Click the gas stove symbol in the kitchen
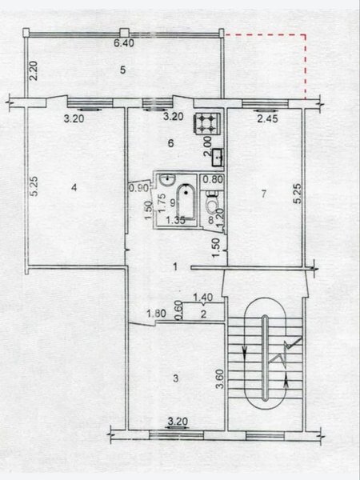pos(206,123)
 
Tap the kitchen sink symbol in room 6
pos(218,158)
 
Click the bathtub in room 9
pos(186,202)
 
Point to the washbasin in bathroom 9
pos(167,178)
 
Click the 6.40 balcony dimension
pos(124,43)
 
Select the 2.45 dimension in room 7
pos(267,118)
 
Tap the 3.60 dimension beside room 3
pos(220,379)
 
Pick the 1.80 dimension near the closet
pos(156,314)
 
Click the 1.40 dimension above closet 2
pos(202,297)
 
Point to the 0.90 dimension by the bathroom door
pos(138,188)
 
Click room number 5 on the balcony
pos(122,70)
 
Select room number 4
pos(74,188)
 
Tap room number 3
pos(176,378)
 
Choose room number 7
pos(264,194)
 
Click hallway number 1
pos(175,267)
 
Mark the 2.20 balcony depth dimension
pos(34,71)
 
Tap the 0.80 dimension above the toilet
pos(213,179)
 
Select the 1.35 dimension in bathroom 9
pos(175,220)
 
